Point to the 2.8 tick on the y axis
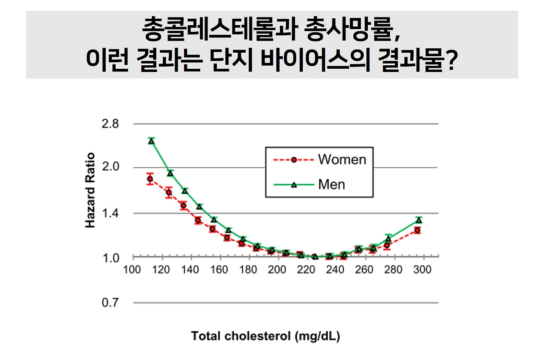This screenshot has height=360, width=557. pos(110,124)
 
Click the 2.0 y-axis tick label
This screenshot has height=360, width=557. pos(110,167)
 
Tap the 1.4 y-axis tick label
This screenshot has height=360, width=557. pos(110,213)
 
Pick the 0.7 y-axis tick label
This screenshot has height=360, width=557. pos(110,303)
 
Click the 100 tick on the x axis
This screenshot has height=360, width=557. pos(132,270)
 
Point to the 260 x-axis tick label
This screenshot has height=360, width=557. pos(364,270)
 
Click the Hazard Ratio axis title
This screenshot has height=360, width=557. pos(90,190)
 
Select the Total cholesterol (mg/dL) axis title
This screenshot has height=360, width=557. pos(266,336)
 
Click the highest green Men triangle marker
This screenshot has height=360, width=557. pos(151,141)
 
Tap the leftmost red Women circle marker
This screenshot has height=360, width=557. pos(150,179)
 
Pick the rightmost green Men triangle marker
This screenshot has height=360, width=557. pos(419,220)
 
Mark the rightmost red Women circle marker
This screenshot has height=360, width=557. pos(417,230)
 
